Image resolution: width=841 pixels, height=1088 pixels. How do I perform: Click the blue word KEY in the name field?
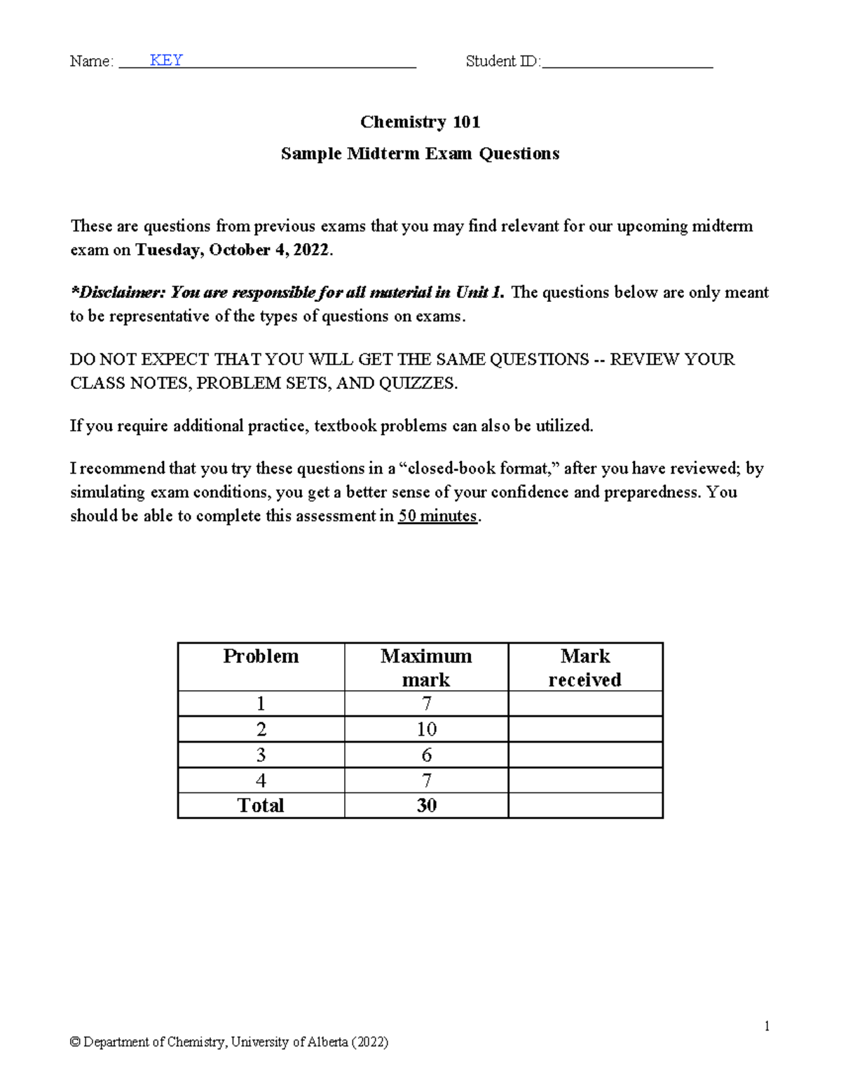tap(166, 60)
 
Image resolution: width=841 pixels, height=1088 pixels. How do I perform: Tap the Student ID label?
tap(502, 62)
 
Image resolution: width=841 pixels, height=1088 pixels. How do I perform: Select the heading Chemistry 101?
tap(420, 122)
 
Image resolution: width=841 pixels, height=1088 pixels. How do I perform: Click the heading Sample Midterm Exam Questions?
tap(420, 153)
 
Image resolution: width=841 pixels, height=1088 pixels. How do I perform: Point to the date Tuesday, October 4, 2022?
tap(231, 250)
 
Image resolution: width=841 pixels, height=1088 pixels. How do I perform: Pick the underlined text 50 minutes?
tap(437, 516)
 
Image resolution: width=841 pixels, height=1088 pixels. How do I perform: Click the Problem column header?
tap(261, 656)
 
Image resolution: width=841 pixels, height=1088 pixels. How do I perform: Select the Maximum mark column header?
tap(426, 667)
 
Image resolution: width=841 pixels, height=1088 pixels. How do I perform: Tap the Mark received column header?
tap(585, 667)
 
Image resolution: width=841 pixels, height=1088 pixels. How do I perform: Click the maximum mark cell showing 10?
tap(426, 729)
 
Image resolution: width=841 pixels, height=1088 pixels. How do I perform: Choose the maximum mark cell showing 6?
tap(426, 755)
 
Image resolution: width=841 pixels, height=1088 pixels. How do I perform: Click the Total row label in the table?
tap(261, 806)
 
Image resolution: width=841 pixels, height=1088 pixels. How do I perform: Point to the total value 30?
tap(426, 806)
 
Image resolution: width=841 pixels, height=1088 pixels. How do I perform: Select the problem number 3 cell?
tap(261, 755)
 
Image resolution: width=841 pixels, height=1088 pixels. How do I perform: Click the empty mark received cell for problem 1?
tap(585, 703)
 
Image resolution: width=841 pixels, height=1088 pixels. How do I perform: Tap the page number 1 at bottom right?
tap(767, 1026)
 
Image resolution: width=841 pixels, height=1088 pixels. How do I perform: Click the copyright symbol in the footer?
tap(74, 1042)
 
